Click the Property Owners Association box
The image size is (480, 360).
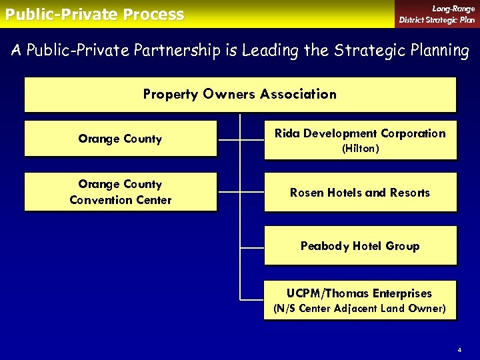[x=240, y=94]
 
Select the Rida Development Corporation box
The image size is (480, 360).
[x=360, y=139]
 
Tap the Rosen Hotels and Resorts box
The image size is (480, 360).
[x=360, y=193]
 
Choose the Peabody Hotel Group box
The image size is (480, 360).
[x=360, y=246]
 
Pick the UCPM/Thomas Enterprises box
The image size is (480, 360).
[x=360, y=300]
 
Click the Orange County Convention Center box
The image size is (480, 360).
[x=120, y=192]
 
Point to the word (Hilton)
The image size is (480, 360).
[x=360, y=149]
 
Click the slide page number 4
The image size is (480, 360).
[x=459, y=350]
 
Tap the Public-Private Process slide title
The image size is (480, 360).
[x=94, y=14]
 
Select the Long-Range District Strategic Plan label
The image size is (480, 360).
[x=437, y=14]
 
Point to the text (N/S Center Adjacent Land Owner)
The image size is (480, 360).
[x=360, y=309]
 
